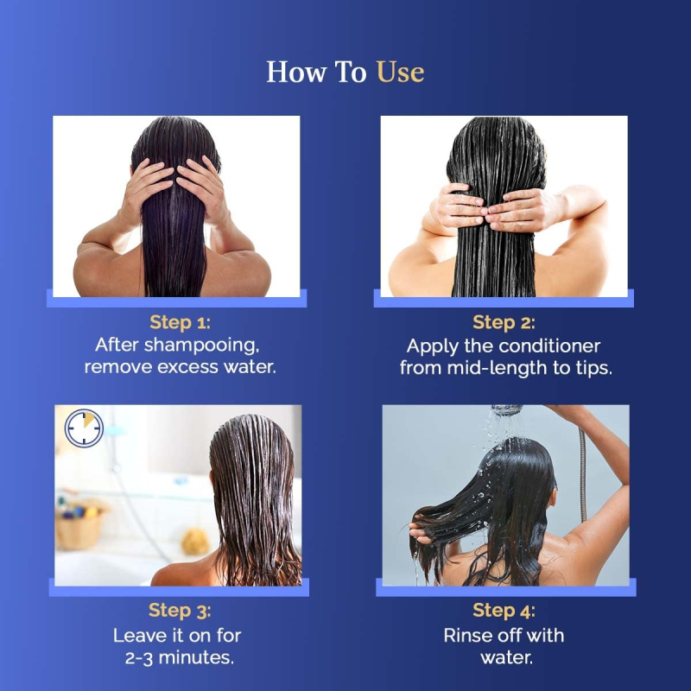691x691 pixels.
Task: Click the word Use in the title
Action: tap(400, 72)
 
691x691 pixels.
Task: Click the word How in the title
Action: tap(296, 72)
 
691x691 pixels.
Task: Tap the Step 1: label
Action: tap(181, 322)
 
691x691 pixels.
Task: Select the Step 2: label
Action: tap(504, 322)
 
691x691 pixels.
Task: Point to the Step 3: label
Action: tap(180, 611)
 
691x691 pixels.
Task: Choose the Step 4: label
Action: tap(504, 611)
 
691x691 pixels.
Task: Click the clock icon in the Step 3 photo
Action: tap(84, 428)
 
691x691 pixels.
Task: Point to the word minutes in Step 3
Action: tap(196, 657)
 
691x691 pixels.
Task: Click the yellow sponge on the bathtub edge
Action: tap(195, 542)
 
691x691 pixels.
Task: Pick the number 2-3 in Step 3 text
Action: tap(139, 658)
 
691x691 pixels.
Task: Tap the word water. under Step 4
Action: tap(506, 658)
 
